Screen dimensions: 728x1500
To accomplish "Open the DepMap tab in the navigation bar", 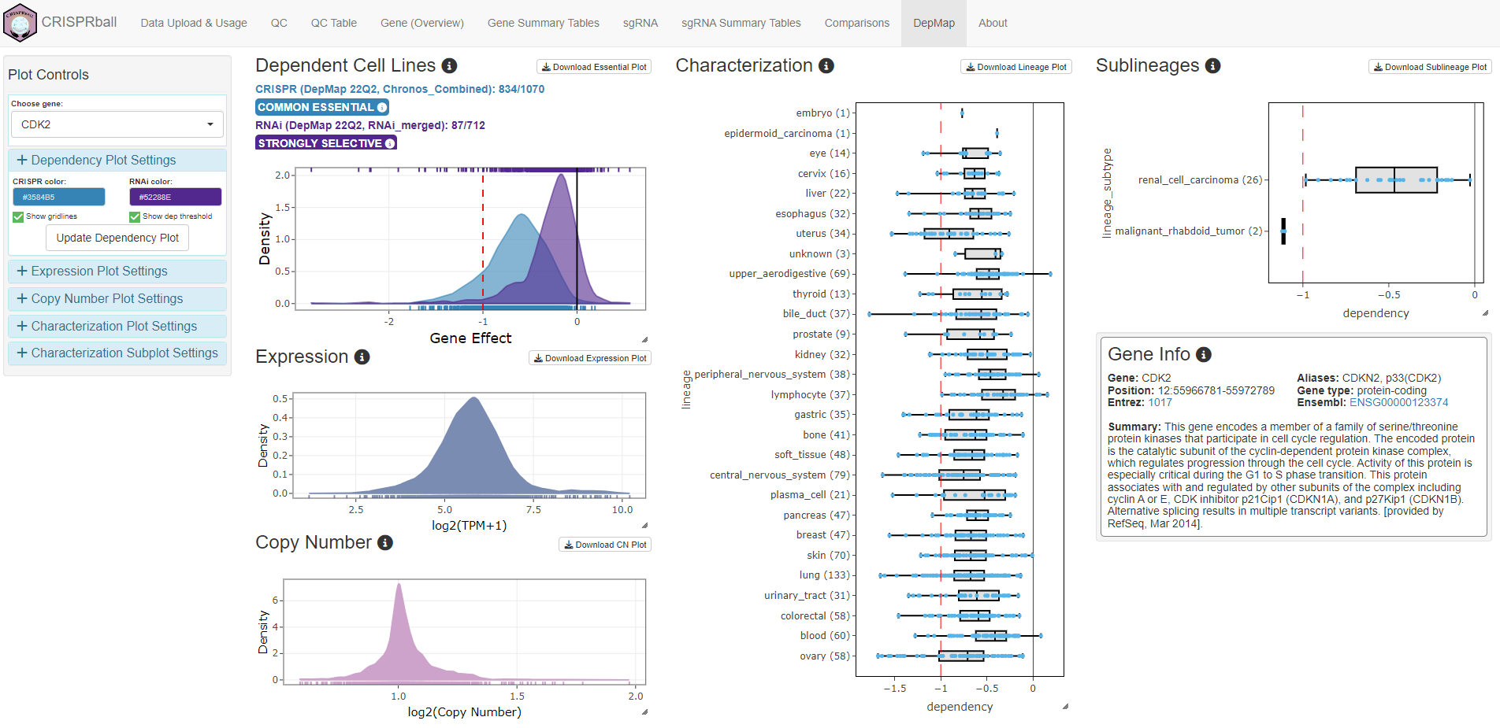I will click(934, 23).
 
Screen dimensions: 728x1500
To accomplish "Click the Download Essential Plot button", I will click(594, 67).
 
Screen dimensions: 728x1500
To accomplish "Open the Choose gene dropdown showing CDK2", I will click(117, 124).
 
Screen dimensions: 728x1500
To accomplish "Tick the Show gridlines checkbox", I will click(18, 216).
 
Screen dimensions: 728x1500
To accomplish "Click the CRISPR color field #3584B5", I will click(59, 197).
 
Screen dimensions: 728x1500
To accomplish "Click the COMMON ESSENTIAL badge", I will click(321, 107).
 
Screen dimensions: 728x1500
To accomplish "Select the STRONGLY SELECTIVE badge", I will click(325, 143).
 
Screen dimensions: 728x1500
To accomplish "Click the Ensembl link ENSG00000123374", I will click(1398, 402).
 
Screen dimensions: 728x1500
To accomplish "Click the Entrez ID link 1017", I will click(1160, 402).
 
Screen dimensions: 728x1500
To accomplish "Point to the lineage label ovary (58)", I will click(825, 656).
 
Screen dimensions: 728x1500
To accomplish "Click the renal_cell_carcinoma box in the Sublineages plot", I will click(1396, 180).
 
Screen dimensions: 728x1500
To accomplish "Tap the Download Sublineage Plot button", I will click(1430, 67).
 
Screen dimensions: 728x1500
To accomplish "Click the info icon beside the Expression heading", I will click(362, 357).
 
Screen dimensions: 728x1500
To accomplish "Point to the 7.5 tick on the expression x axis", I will click(533, 509).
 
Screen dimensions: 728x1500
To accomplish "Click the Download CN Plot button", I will click(605, 545).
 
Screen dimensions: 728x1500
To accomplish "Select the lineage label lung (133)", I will click(824, 575).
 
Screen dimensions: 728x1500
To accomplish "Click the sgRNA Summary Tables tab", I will click(741, 23).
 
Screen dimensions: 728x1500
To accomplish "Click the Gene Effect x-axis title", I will click(470, 338).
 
